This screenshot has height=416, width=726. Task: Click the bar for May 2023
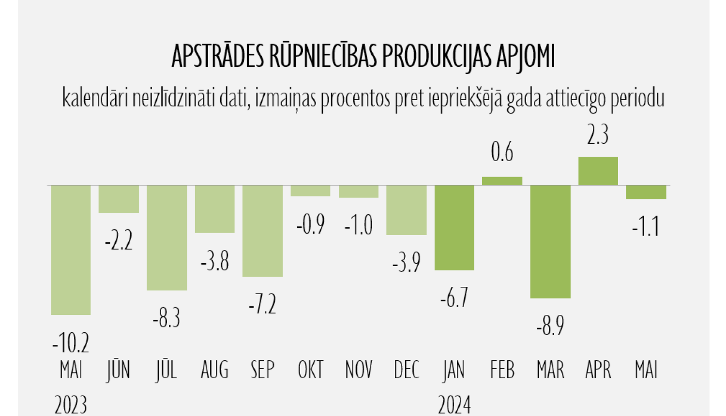pyautogui.click(x=71, y=250)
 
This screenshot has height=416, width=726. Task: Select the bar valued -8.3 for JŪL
pyautogui.click(x=167, y=238)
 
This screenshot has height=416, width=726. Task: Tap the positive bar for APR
pyautogui.click(x=598, y=171)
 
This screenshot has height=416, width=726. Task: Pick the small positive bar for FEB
pyautogui.click(x=502, y=181)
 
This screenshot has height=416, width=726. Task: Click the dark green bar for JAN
pyautogui.click(x=454, y=227)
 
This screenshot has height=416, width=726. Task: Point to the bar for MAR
pyautogui.click(x=550, y=241)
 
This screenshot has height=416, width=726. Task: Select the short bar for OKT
pyautogui.click(x=311, y=191)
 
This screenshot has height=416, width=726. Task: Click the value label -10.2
pyautogui.click(x=71, y=342)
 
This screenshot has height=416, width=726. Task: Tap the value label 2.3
pyautogui.click(x=598, y=134)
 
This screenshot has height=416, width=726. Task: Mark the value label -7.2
pyautogui.click(x=262, y=304)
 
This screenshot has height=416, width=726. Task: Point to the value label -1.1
pyautogui.click(x=646, y=226)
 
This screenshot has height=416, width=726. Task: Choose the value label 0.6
pyautogui.click(x=502, y=152)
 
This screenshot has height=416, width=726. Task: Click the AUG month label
pyautogui.click(x=214, y=371)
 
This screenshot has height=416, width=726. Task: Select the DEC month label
pyautogui.click(x=407, y=371)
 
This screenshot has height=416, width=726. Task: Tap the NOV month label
pyautogui.click(x=359, y=371)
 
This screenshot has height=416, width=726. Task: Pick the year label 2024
pyautogui.click(x=454, y=404)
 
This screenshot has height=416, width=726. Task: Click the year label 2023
pyautogui.click(x=71, y=404)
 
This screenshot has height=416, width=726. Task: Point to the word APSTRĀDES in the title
pyautogui.click(x=217, y=57)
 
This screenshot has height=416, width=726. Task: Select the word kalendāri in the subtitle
pyautogui.click(x=95, y=98)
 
